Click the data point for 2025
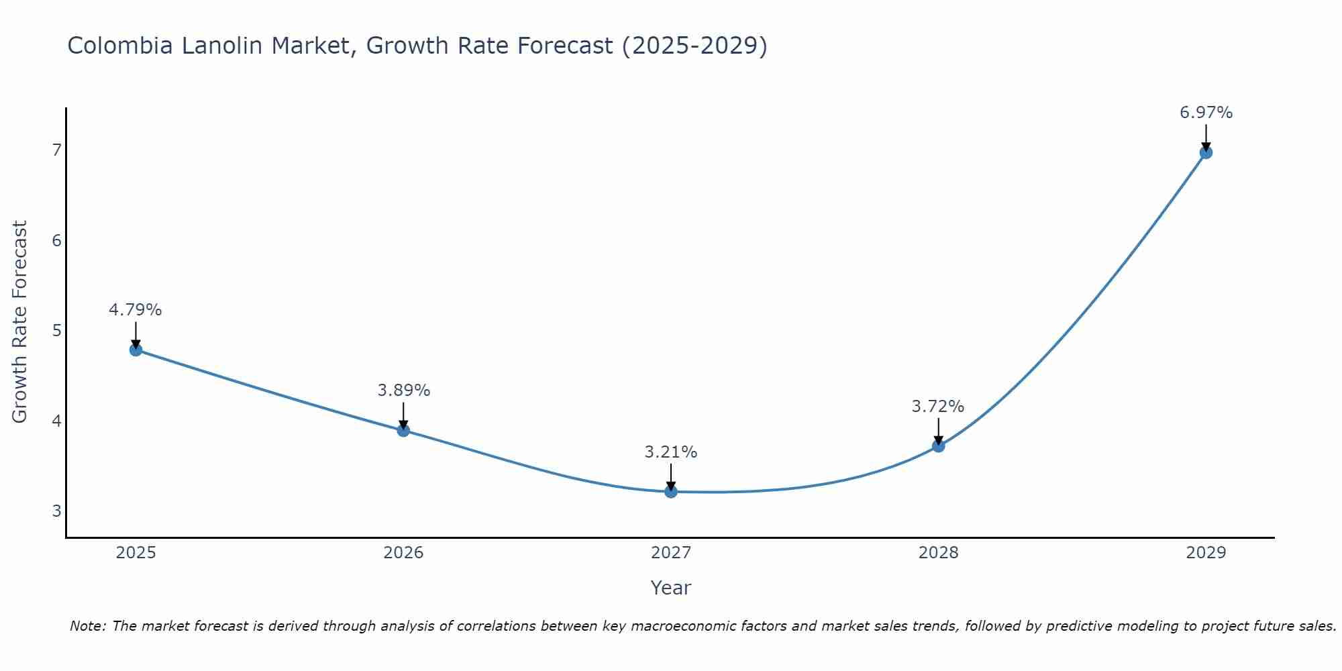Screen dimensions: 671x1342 click(136, 350)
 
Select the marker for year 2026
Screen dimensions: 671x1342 click(403, 430)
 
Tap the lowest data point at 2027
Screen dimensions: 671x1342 click(671, 492)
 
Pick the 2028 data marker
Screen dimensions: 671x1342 click(938, 446)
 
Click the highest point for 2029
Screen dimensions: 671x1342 click(1206, 152)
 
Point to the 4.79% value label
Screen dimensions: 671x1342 click(136, 310)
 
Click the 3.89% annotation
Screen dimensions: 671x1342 click(403, 391)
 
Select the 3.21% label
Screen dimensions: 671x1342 click(671, 452)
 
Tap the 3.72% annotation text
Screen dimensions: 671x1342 click(938, 407)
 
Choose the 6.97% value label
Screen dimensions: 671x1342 click(1206, 113)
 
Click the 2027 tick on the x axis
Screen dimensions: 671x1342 click(671, 553)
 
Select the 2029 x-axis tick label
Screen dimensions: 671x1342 click(1206, 553)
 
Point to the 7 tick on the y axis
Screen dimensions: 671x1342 click(56, 150)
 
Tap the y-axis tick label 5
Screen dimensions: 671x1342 click(56, 330)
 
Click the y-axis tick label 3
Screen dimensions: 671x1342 click(56, 511)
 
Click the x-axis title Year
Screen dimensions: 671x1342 click(671, 588)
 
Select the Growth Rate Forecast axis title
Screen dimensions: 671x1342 click(20, 322)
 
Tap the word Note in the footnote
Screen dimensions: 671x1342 click(88, 626)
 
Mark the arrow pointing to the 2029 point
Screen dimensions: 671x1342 click(1206, 138)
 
